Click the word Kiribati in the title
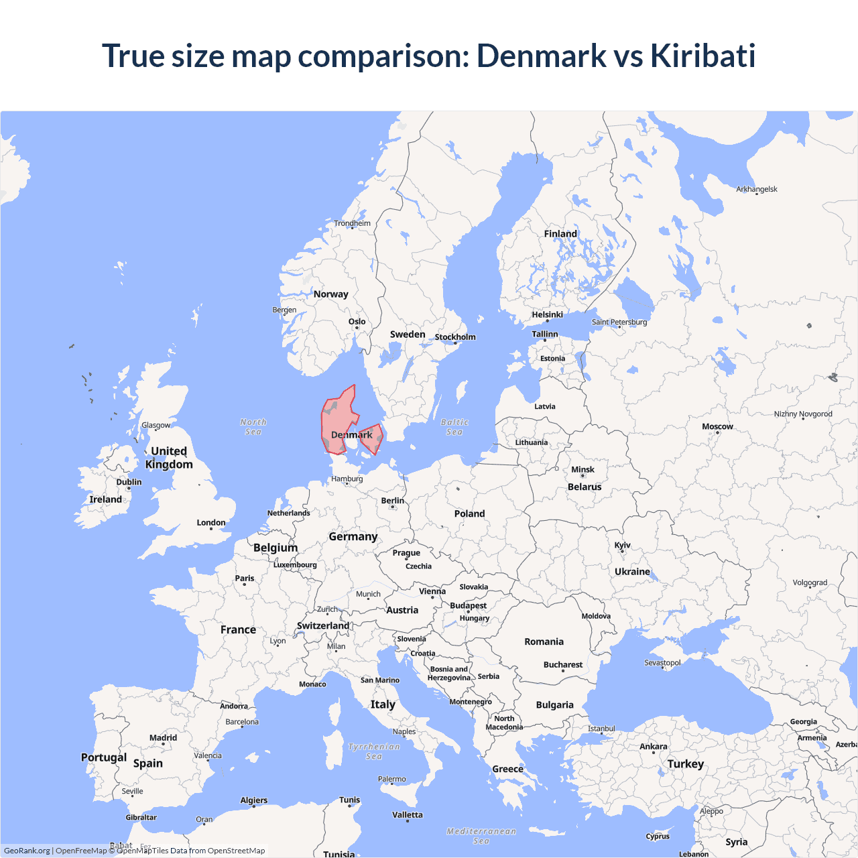702,56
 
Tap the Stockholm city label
455,337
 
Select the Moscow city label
717,427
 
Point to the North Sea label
253,427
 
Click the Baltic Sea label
454,427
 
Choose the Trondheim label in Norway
352,223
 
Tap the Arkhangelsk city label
757,189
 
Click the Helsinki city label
547,315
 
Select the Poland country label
469,513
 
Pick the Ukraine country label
632,572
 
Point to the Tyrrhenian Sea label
374,751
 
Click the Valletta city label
408,815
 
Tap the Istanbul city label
601,729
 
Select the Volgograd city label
810,583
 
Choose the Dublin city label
129,482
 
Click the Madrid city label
163,738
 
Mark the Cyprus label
658,836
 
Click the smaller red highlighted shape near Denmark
371,438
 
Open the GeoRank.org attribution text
27,851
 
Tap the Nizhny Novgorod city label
803,414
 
